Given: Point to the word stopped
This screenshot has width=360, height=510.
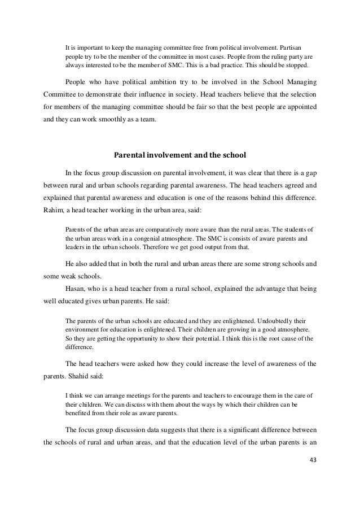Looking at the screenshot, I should click(x=304, y=67).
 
